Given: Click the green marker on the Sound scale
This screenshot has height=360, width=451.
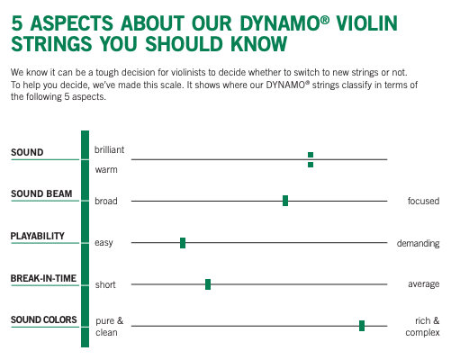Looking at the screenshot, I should (311, 159).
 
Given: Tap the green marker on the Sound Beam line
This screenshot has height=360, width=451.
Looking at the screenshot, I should (285, 201).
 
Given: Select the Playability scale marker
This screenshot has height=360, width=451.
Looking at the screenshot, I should (183, 243).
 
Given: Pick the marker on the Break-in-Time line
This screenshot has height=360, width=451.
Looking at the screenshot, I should (208, 284).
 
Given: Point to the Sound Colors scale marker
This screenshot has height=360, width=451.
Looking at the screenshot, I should (362, 326).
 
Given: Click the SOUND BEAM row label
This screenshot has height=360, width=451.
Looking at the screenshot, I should (41, 194).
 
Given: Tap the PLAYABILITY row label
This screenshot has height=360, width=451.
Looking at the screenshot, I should (38, 236).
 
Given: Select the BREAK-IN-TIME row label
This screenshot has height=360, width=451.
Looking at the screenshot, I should (43, 278).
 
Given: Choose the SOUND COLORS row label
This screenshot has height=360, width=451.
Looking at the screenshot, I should (43, 319).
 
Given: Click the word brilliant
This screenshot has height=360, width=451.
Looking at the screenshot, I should (110, 148).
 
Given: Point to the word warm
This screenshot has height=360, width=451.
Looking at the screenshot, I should (106, 169).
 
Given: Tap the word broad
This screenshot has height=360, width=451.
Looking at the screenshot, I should (106, 201).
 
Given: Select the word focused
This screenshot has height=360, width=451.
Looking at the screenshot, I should (423, 201).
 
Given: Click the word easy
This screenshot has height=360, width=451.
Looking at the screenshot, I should (104, 243).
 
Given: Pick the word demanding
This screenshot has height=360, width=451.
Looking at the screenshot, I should (419, 243).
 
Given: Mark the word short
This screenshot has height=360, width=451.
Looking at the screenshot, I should (105, 284).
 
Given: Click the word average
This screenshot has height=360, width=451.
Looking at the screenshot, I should (424, 284).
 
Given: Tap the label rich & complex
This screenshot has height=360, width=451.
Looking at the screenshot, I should (424, 327).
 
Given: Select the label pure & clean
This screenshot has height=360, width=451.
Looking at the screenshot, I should (109, 327).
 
